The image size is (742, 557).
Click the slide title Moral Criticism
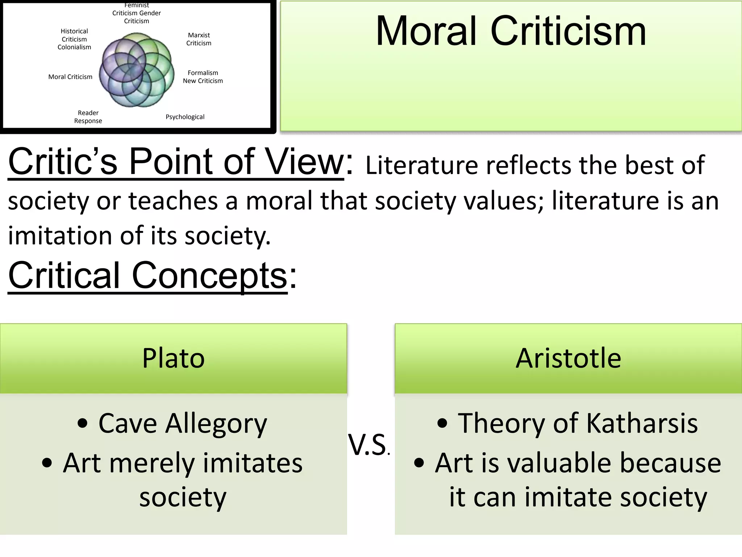coord(511,32)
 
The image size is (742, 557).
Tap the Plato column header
coord(174,358)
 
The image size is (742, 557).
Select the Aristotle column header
coord(568,358)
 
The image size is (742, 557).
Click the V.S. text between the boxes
coord(368,445)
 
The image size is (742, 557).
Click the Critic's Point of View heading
coord(176,162)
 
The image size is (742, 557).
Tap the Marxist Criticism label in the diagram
coord(199,39)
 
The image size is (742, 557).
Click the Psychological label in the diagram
coord(185,117)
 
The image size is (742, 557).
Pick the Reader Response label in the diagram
coord(88,117)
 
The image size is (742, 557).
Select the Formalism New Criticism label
coord(203,77)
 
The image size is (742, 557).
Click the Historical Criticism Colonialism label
coord(74,39)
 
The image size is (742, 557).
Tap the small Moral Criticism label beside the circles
coord(70,77)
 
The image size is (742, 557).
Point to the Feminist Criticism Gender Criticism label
coord(136,13)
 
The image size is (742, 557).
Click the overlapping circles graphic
coord(137,70)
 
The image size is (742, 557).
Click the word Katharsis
coord(642,423)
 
